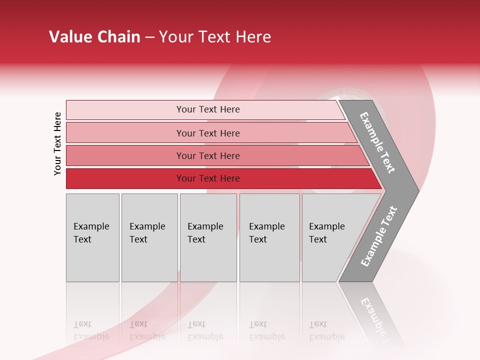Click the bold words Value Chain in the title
coord(94,37)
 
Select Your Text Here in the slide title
coord(215,37)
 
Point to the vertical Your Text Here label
coord(57,144)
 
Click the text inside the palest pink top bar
coord(208,109)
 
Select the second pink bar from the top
coord(208,133)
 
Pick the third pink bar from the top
coord(208,155)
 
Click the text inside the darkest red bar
coord(208,178)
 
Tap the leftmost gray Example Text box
coord(92,237)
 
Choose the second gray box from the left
coord(149,237)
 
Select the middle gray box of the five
coord(208,237)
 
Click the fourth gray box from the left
coord(269,237)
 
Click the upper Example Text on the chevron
coord(377,142)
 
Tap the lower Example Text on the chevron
coord(379,236)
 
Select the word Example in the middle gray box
coord(205,226)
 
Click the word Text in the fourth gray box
coord(258,239)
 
